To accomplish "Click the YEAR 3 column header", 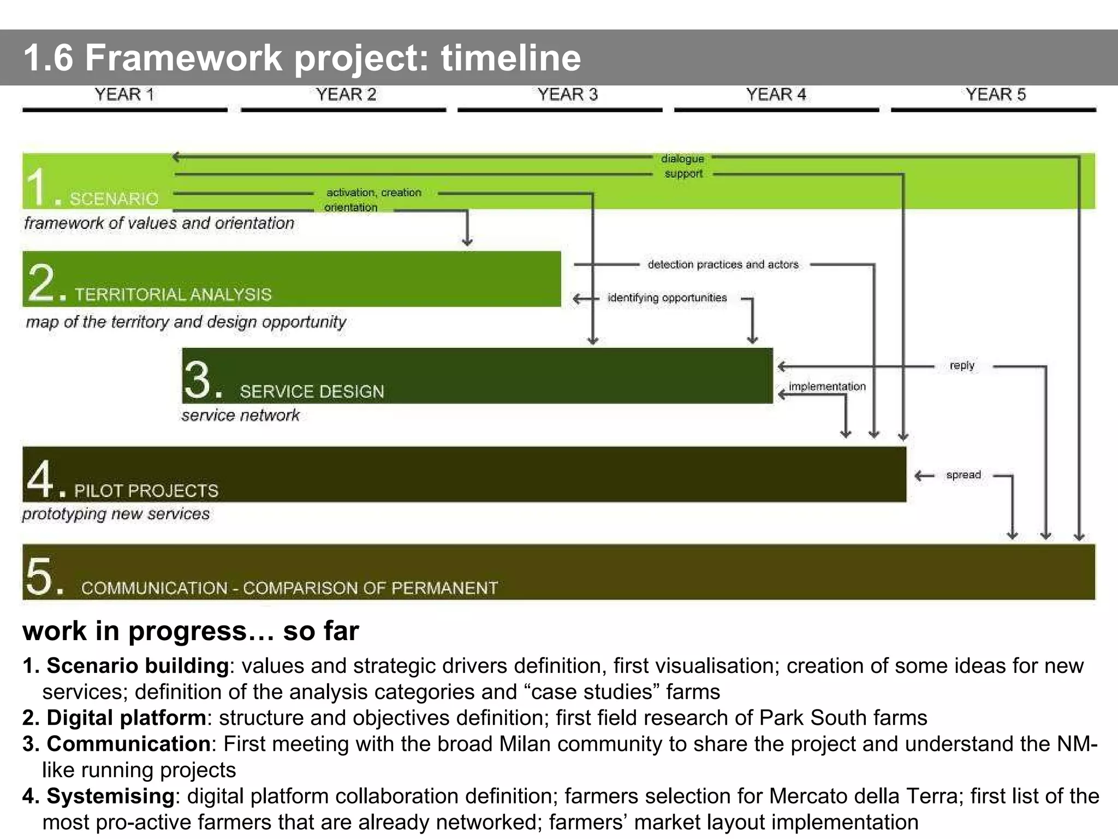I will (567, 94).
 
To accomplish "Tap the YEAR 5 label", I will (995, 94).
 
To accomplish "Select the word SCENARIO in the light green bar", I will (114, 199).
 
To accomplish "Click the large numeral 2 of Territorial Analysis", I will (41, 282).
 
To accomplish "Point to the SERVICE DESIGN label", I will (312, 392).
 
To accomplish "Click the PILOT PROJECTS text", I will (146, 491).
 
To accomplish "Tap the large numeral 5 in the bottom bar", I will (40, 576).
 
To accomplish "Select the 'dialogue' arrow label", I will (682, 159).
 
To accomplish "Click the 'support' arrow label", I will (683, 174).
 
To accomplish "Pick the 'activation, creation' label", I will (374, 193).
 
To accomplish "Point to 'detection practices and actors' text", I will (723, 265).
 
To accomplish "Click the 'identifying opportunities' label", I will (667, 298).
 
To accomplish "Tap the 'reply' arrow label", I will (962, 365).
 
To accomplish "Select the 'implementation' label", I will (827, 387).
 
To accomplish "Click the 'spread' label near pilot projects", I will (964, 475).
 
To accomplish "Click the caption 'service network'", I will (240, 416).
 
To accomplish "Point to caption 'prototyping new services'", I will (116, 514).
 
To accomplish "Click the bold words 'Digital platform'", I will (126, 718).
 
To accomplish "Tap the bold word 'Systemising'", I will (110, 796).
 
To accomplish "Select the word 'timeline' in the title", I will (510, 58).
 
